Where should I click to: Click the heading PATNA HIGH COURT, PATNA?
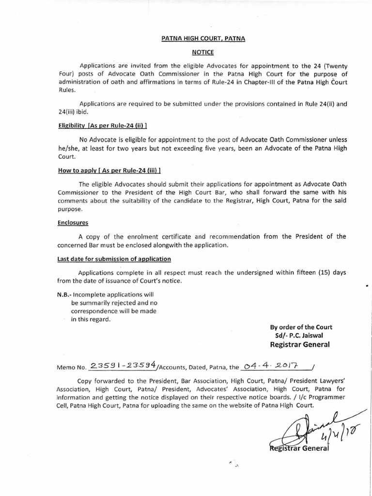coord(203,42)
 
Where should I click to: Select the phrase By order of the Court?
coord(301,327)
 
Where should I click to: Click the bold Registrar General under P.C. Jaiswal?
coord(300,345)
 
